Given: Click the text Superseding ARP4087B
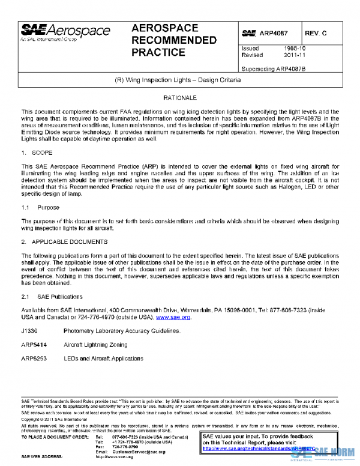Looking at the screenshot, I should point(273,68).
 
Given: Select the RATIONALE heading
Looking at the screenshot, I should point(180,97).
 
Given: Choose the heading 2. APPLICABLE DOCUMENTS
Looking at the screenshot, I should point(64,241).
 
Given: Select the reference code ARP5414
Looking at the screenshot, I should point(35,345).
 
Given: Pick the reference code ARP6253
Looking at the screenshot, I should point(35,358).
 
